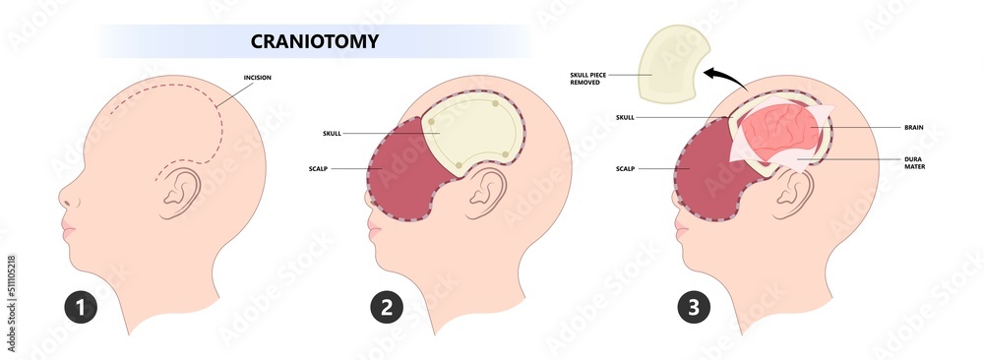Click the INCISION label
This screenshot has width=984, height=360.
tap(259, 77)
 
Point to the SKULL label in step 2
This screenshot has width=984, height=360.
tap(333, 133)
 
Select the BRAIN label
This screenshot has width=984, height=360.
tap(913, 127)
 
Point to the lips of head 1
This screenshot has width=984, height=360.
tap(67, 232)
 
